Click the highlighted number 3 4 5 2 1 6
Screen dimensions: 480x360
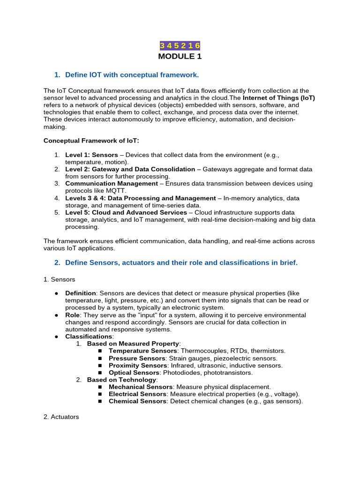click(180, 45)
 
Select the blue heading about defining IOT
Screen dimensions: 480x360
click(132, 75)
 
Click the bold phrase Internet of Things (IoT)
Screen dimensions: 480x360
click(279, 97)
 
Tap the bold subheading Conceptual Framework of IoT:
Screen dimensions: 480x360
click(91, 141)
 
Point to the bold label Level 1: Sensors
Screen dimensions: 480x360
click(91, 155)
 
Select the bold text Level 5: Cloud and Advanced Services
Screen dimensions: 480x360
click(126, 212)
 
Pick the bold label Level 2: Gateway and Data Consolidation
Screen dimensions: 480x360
click(130, 169)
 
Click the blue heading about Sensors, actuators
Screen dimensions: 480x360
click(181, 262)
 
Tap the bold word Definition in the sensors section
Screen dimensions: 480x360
click(81, 293)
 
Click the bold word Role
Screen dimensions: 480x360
click(72, 315)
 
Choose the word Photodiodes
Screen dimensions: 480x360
click(180, 373)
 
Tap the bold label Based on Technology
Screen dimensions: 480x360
click(121, 380)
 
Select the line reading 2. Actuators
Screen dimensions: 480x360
click(61, 417)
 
